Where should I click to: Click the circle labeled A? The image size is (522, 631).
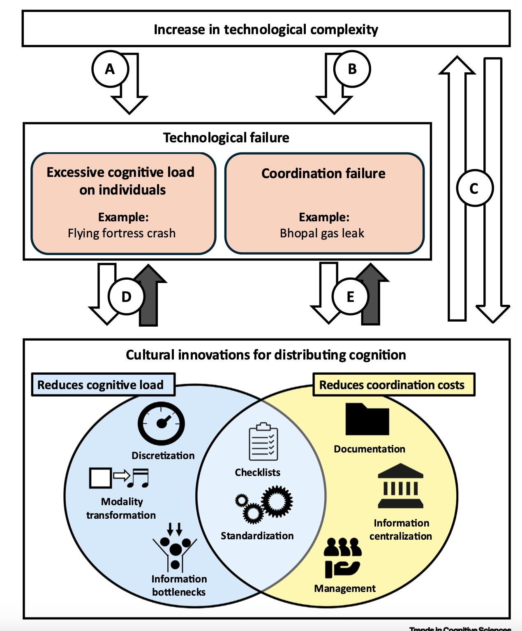coord(110,69)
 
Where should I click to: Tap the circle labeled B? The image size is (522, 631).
coord(352,69)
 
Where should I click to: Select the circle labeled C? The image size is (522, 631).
coord(475,188)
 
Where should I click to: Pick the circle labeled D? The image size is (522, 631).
coord(127,296)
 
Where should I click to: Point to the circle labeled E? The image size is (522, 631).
coord(350,296)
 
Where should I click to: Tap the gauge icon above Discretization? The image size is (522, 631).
coord(161,424)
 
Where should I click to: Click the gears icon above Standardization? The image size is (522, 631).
coord(264,504)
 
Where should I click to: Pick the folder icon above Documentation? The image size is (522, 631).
coord(367,420)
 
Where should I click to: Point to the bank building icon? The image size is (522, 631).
coord(400,486)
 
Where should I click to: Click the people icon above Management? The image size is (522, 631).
coord(342,558)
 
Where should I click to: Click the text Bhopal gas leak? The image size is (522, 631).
coord(322,233)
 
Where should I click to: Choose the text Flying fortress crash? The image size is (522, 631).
coord(122,233)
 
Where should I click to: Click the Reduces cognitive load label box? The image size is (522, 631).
coord(103,385)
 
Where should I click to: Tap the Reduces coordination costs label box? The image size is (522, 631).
coord(394,385)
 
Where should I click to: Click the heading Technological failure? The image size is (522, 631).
coord(226,137)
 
